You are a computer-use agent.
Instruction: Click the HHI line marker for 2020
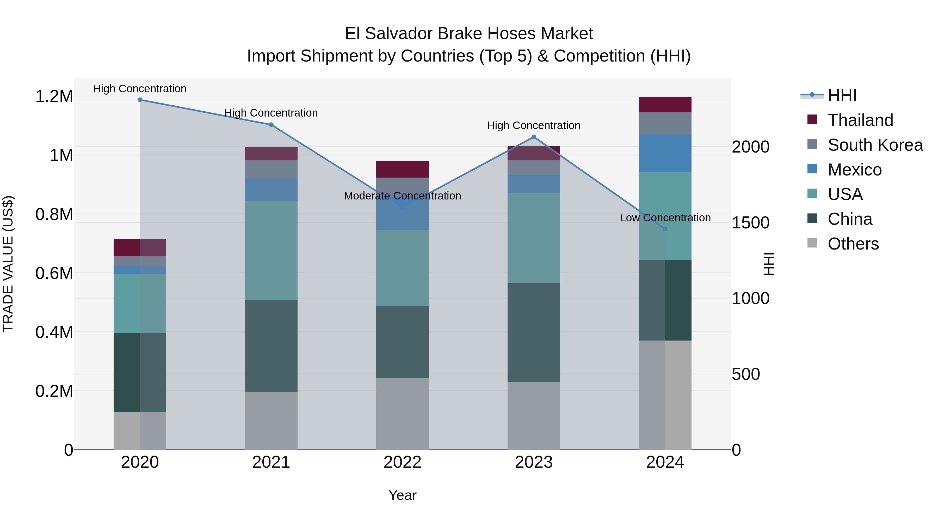pyautogui.click(x=140, y=100)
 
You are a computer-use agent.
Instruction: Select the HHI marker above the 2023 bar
pyautogui.click(x=534, y=137)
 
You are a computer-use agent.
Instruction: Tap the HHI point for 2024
pyautogui.click(x=665, y=229)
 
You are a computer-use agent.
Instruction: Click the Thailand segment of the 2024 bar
pyautogui.click(x=665, y=105)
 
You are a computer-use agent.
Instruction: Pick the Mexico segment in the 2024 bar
pyautogui.click(x=665, y=153)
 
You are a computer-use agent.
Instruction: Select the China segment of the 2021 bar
pyautogui.click(x=271, y=346)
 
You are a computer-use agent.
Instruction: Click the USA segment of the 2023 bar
pyautogui.click(x=534, y=238)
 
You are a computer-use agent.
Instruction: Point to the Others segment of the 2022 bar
pyautogui.click(x=402, y=414)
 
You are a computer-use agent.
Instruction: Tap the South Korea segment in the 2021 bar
pyautogui.click(x=271, y=169)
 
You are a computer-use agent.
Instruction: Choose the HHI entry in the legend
pyautogui.click(x=842, y=95)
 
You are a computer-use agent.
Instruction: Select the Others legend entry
pyautogui.click(x=853, y=244)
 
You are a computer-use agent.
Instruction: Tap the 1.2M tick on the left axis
pyautogui.click(x=54, y=96)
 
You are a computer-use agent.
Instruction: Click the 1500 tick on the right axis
pyautogui.click(x=750, y=223)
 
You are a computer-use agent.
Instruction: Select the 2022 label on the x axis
pyautogui.click(x=402, y=462)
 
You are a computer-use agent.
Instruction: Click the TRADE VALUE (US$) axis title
pyautogui.click(x=8, y=264)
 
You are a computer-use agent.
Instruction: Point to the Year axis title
pyautogui.click(x=402, y=495)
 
